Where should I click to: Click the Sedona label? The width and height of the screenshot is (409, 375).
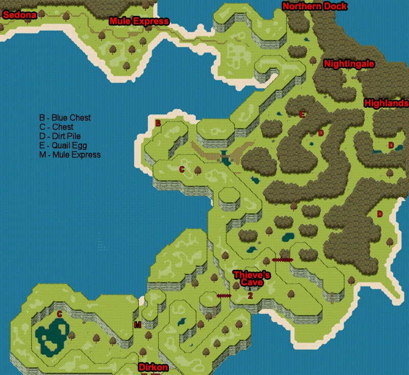[x=19, y=15]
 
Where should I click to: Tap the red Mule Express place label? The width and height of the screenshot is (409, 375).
[x=139, y=22]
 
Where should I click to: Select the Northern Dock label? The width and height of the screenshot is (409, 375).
[x=314, y=7]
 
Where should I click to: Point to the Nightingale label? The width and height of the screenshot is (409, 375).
[x=349, y=64]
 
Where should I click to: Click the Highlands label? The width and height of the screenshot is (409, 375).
[x=386, y=103]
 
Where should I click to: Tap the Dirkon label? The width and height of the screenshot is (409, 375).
[x=153, y=368]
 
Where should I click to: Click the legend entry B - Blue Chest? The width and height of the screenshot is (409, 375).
[x=65, y=118]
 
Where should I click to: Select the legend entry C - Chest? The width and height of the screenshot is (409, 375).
[x=56, y=127]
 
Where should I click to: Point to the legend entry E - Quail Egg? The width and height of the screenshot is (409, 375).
[x=63, y=146]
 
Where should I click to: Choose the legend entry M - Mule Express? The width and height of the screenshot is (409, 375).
[x=70, y=155]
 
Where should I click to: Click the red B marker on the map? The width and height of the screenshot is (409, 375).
[x=158, y=124]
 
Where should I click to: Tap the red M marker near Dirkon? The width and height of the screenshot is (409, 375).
[x=137, y=325]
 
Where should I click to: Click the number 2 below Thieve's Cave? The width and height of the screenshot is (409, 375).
[x=250, y=296]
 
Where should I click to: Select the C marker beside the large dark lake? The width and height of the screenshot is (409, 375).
[x=59, y=314]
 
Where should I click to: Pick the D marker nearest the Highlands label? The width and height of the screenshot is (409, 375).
[x=391, y=146]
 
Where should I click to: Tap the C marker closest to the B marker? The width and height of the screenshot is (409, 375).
[x=182, y=169]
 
